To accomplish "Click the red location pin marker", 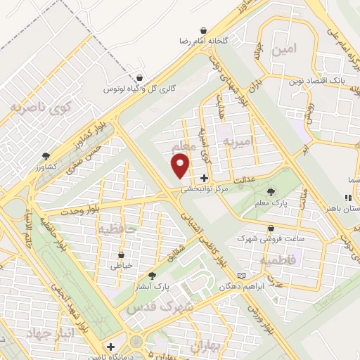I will click(x=181, y=166).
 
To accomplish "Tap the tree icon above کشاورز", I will click(x=46, y=155).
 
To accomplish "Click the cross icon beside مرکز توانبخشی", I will click(x=204, y=178).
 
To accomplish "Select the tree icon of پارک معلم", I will click(x=272, y=191).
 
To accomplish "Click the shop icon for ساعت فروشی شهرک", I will click(x=271, y=227).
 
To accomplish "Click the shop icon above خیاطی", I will click(x=122, y=255).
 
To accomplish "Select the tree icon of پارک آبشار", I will click(x=152, y=276).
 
